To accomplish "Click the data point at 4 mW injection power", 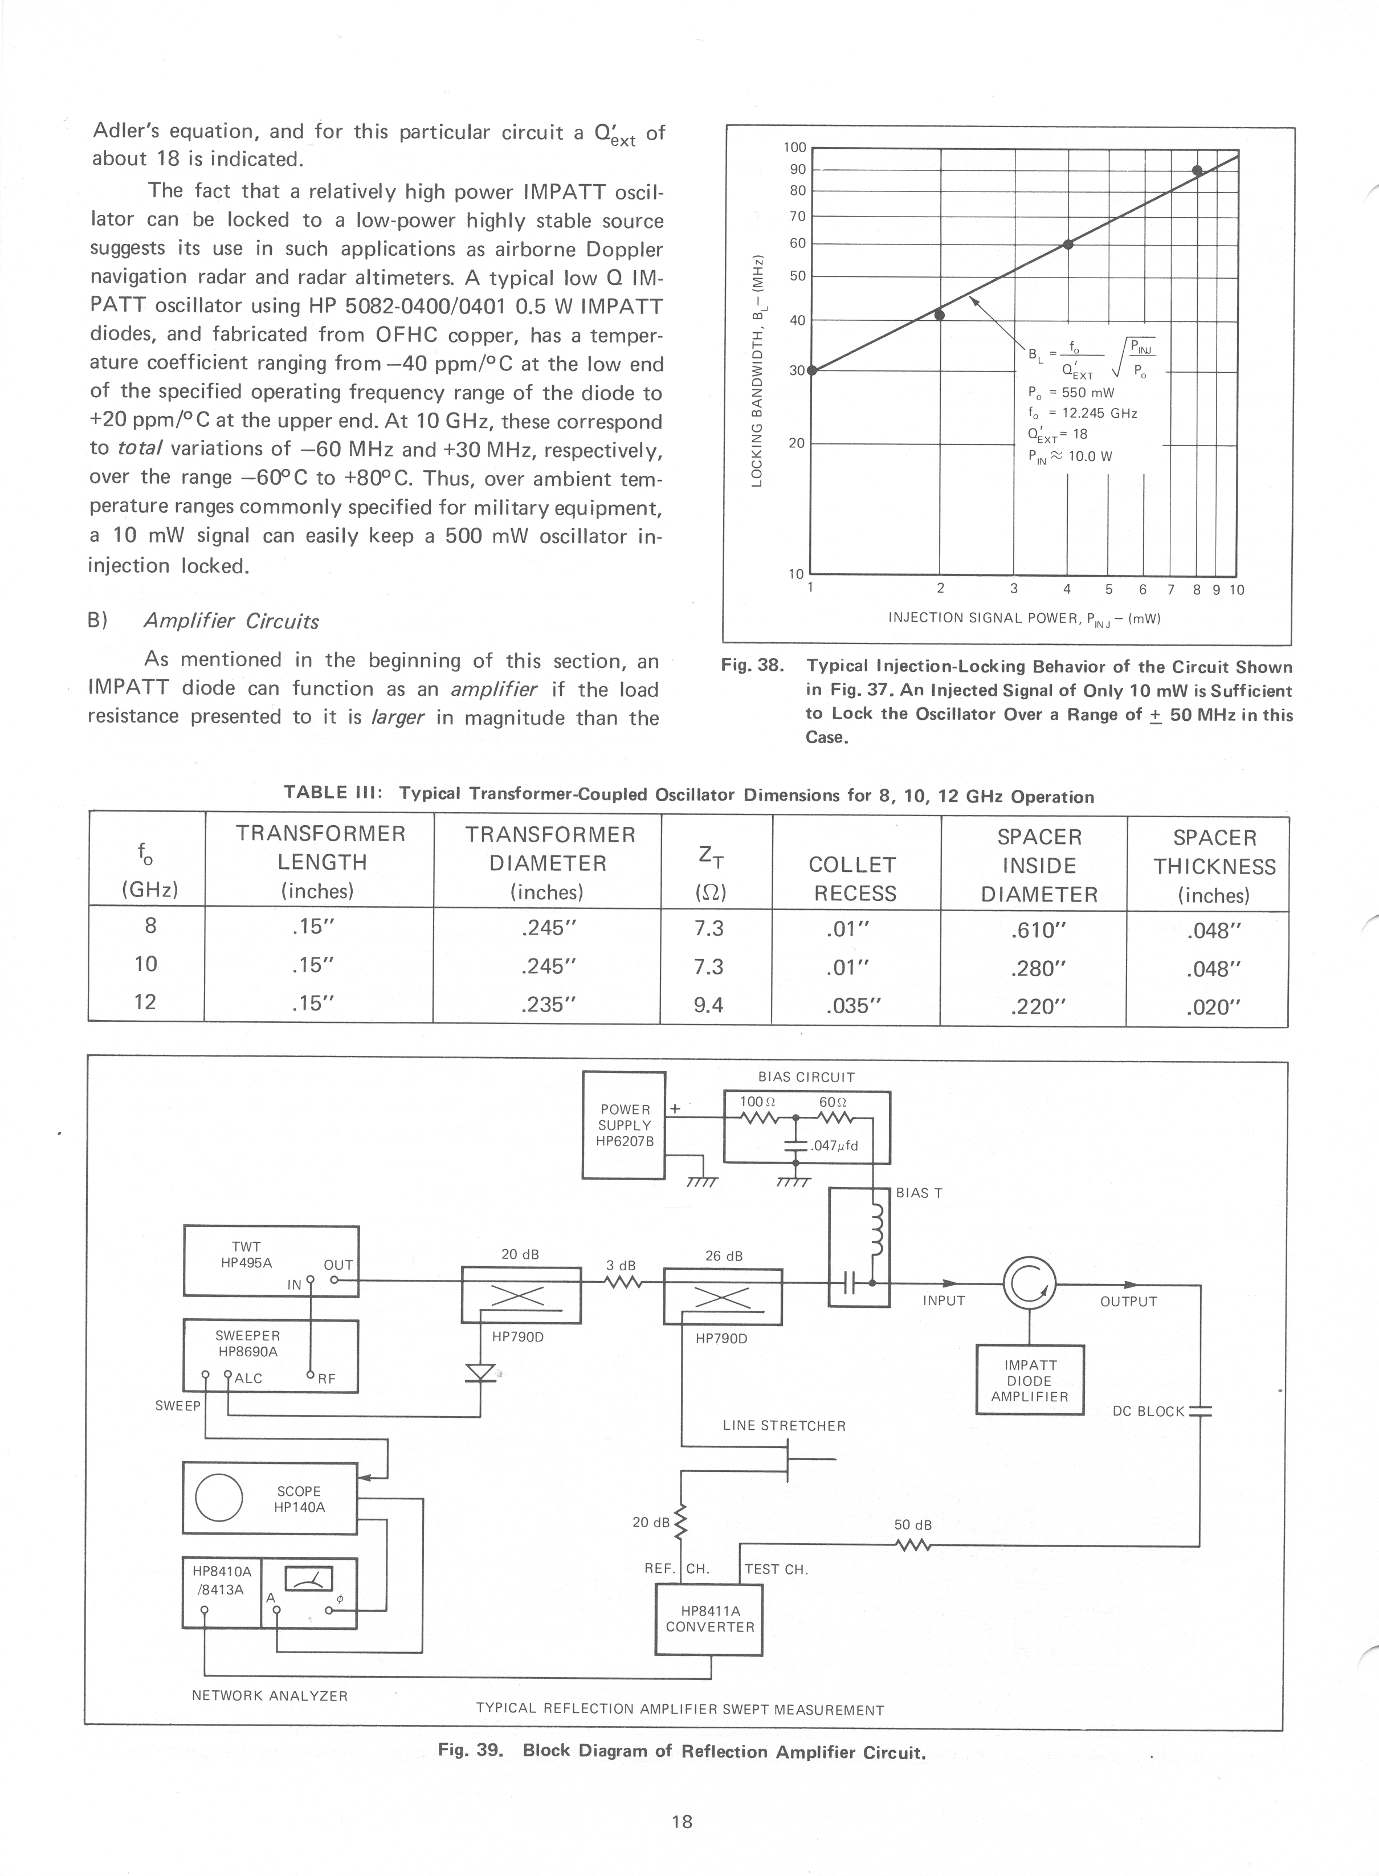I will click(1068, 244).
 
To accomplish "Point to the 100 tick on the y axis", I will click(795, 148).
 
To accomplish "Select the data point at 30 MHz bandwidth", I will click(811, 370).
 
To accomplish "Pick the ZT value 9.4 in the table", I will click(709, 1004).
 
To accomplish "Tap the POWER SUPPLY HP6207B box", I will click(623, 1124).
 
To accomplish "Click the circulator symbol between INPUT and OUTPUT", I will click(1029, 1284).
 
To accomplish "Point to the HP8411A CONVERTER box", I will click(709, 1619).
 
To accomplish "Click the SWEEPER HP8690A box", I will click(271, 1356).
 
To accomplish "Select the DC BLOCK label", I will click(1148, 1411).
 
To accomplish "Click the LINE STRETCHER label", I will click(784, 1426).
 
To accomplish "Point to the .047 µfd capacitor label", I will click(834, 1145).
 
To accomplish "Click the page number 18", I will click(682, 1821).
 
